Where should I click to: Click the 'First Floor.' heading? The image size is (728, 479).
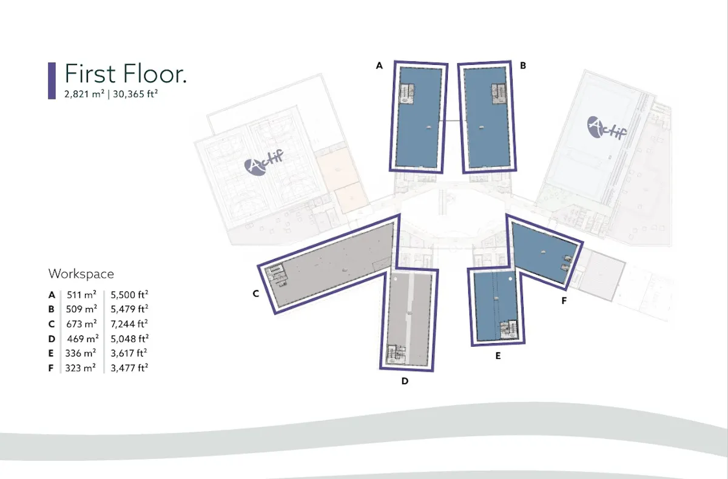(126, 74)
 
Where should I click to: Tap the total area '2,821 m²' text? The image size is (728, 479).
(84, 94)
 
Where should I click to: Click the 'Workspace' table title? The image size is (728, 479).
(81, 274)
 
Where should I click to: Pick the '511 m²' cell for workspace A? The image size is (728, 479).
(81, 295)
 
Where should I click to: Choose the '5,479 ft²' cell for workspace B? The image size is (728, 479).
(129, 309)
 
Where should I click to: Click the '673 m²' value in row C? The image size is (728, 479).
(81, 324)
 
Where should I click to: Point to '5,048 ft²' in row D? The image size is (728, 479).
(129, 339)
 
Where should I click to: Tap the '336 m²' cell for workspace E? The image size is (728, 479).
(81, 353)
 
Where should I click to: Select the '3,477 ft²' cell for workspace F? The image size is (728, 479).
(129, 368)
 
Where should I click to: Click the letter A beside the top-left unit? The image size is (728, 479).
(379, 65)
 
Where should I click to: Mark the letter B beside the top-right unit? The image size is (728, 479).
(523, 65)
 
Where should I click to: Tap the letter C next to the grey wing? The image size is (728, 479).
(256, 293)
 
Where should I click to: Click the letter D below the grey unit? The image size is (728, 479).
(405, 381)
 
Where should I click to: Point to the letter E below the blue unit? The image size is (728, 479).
(498, 356)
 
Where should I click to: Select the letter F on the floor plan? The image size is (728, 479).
(564, 301)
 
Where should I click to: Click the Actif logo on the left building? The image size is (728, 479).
(263, 162)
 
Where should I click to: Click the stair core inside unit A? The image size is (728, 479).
(406, 94)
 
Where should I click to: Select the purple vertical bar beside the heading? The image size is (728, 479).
(52, 81)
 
